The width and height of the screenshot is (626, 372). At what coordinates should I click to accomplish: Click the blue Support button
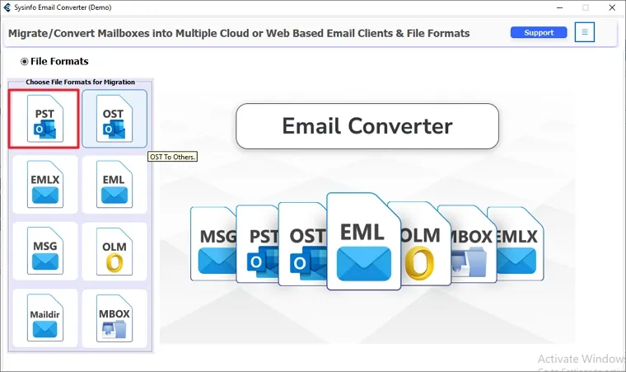(x=539, y=33)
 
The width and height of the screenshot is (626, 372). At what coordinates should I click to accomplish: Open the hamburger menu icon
(x=585, y=33)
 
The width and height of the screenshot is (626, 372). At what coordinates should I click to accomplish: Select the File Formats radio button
(x=25, y=61)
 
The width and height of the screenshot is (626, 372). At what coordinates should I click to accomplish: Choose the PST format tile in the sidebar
(x=44, y=119)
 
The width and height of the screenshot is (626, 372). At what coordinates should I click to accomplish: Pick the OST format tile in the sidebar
(x=114, y=119)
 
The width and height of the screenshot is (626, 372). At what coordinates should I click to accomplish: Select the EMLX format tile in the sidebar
(x=44, y=185)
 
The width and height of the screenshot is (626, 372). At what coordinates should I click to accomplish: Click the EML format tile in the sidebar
(x=114, y=185)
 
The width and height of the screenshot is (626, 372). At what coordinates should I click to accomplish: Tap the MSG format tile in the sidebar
(x=44, y=252)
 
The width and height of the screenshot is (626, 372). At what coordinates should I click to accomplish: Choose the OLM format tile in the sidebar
(x=114, y=252)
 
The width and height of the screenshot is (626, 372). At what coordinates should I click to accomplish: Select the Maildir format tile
(x=44, y=318)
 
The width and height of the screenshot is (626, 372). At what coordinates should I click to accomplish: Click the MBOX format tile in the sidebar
(x=114, y=318)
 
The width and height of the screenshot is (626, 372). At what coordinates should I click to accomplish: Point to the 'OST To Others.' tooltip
(x=173, y=157)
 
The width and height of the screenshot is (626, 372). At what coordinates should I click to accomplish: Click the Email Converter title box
(x=367, y=126)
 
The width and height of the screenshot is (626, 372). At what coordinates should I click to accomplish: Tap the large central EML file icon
(x=363, y=241)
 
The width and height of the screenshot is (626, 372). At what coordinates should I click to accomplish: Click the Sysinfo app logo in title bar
(x=7, y=7)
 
